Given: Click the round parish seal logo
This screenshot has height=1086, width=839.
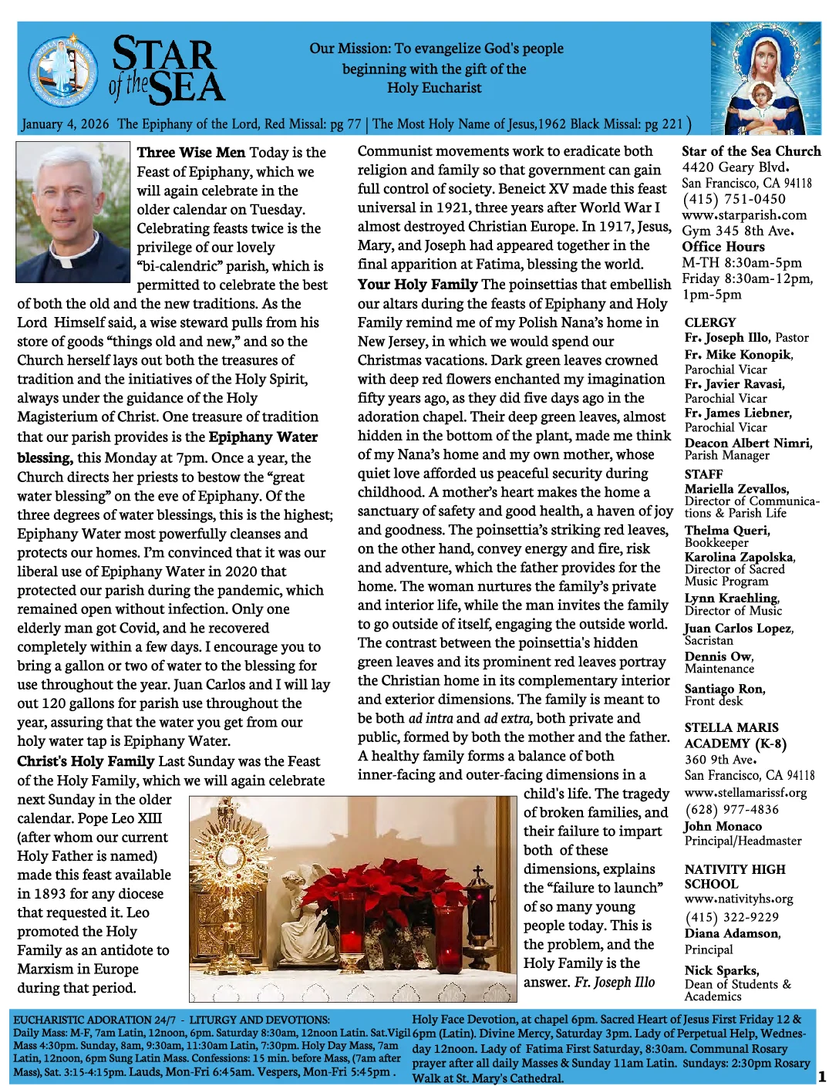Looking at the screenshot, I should pyautogui.click(x=62, y=72).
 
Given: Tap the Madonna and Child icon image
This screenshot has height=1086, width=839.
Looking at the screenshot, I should pyautogui.click(x=765, y=78).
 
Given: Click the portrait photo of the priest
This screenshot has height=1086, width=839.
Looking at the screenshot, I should pyautogui.click(x=72, y=211).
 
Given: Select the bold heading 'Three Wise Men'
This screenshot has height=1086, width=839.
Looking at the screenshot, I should pyautogui.click(x=190, y=153).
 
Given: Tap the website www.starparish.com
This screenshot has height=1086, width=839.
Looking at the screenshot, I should pyautogui.click(x=744, y=215).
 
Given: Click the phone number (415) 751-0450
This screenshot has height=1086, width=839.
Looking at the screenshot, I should pyautogui.click(x=733, y=199).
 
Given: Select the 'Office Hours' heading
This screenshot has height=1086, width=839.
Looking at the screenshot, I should pyautogui.click(x=723, y=247).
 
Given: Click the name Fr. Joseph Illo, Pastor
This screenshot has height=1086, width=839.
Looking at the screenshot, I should pyautogui.click(x=746, y=338).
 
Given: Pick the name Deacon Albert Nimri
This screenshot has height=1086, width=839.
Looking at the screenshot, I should pyautogui.click(x=747, y=443).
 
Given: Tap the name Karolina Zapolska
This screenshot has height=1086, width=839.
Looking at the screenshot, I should pyautogui.click(x=739, y=557).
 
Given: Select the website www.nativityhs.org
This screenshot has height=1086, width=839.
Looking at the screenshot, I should pyautogui.click(x=738, y=899).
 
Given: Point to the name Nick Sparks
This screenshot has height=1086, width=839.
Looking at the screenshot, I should pyautogui.click(x=721, y=970).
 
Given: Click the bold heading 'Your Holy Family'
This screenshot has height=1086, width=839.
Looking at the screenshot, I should pyautogui.click(x=417, y=285).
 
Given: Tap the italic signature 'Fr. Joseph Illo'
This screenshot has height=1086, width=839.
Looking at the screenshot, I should pyautogui.click(x=614, y=983).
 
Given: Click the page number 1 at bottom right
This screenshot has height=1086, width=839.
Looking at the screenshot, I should pyautogui.click(x=822, y=1076).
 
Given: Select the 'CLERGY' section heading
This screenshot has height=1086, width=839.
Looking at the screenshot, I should pyautogui.click(x=709, y=322).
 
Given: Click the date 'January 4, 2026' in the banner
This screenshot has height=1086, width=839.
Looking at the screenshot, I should pyautogui.click(x=66, y=124).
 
